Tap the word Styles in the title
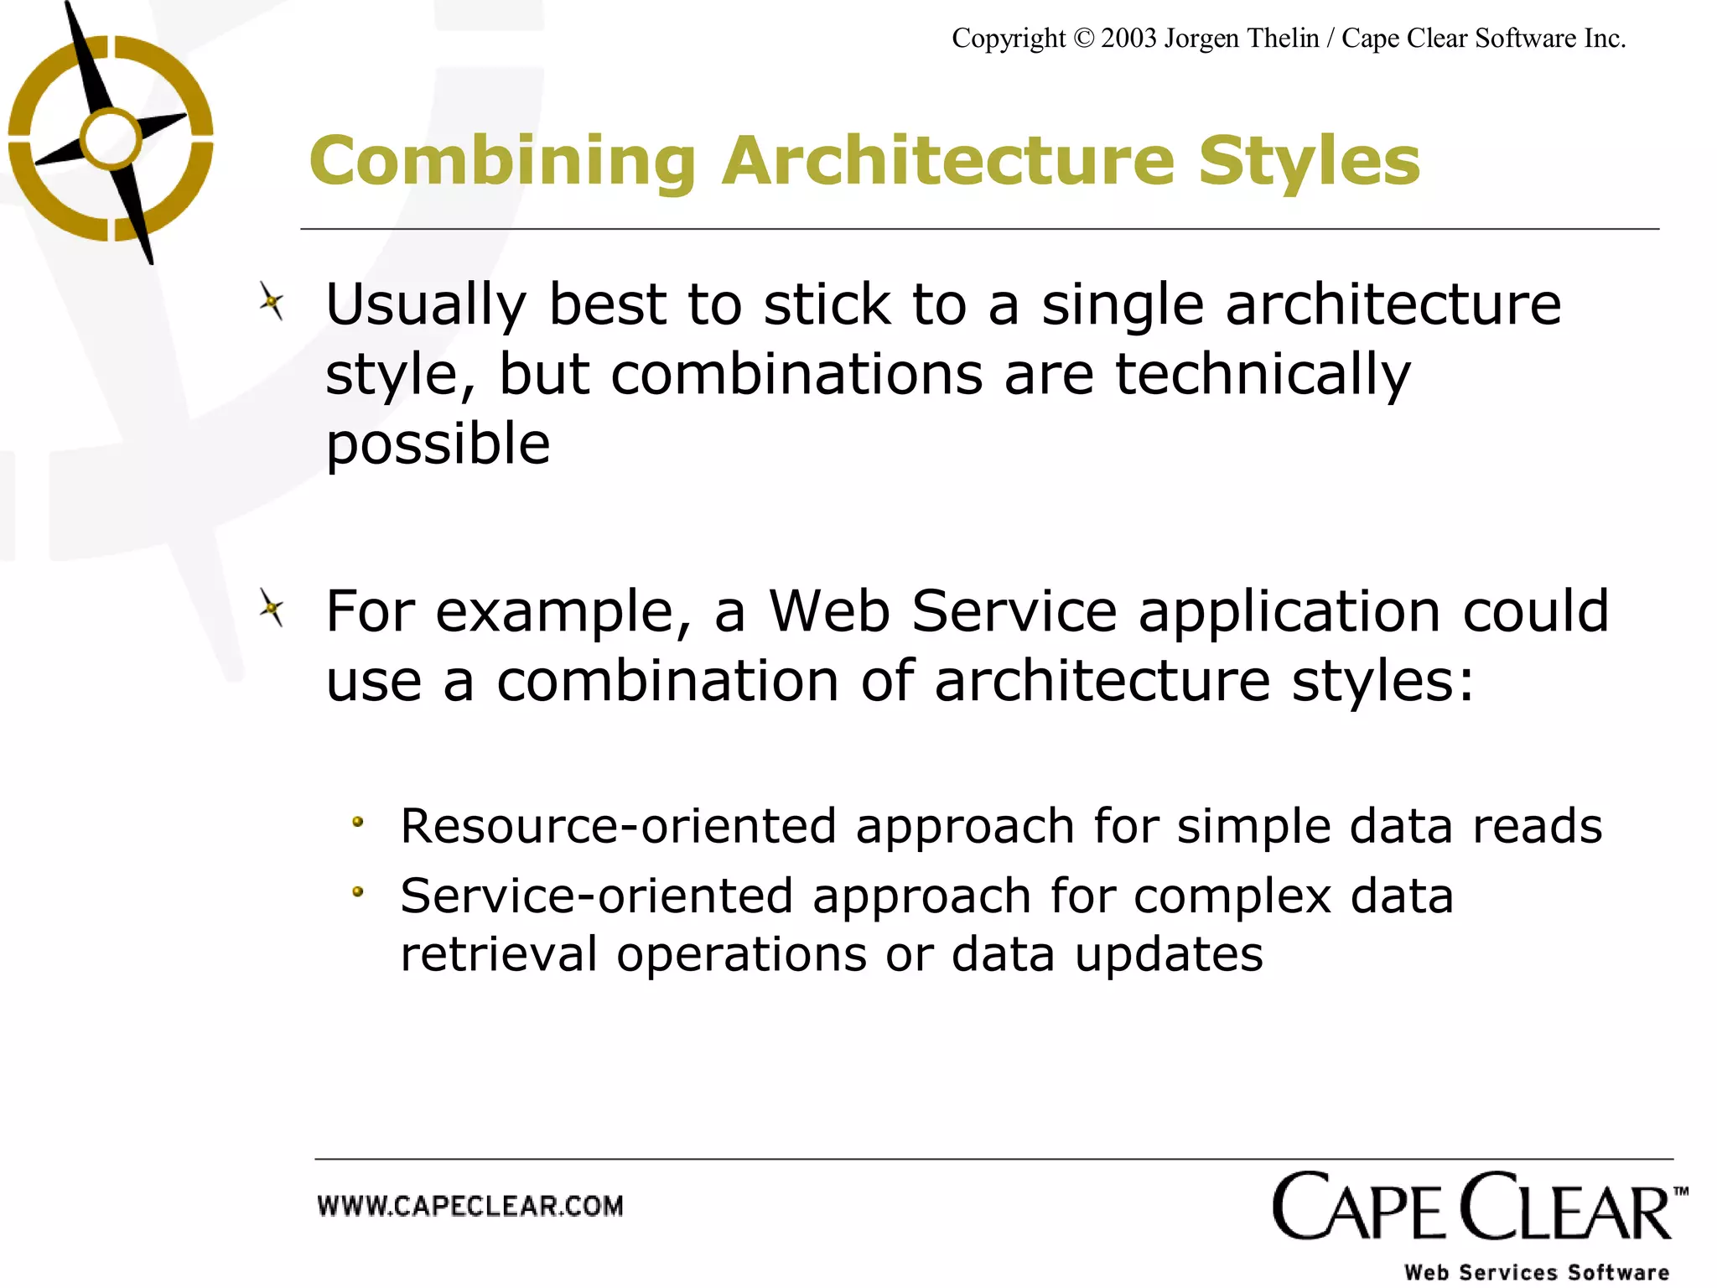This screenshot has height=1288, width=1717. [1309, 161]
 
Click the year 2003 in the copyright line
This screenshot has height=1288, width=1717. [1128, 39]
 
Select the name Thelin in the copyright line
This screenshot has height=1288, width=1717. [1279, 39]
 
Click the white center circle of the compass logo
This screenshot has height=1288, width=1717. [111, 138]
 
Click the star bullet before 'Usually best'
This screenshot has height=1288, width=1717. [271, 302]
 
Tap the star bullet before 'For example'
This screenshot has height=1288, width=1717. [271, 609]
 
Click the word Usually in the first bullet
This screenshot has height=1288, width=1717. [425, 305]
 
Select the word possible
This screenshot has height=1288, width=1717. [438, 444]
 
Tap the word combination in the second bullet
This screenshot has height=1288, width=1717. [667, 681]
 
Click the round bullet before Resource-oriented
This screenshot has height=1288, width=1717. [358, 823]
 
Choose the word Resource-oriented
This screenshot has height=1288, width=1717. [618, 826]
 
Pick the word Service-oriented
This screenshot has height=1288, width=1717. [596, 896]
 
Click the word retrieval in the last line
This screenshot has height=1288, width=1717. [498, 954]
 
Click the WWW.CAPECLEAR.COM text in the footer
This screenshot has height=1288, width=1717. [470, 1207]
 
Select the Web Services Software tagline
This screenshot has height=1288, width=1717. [1536, 1272]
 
